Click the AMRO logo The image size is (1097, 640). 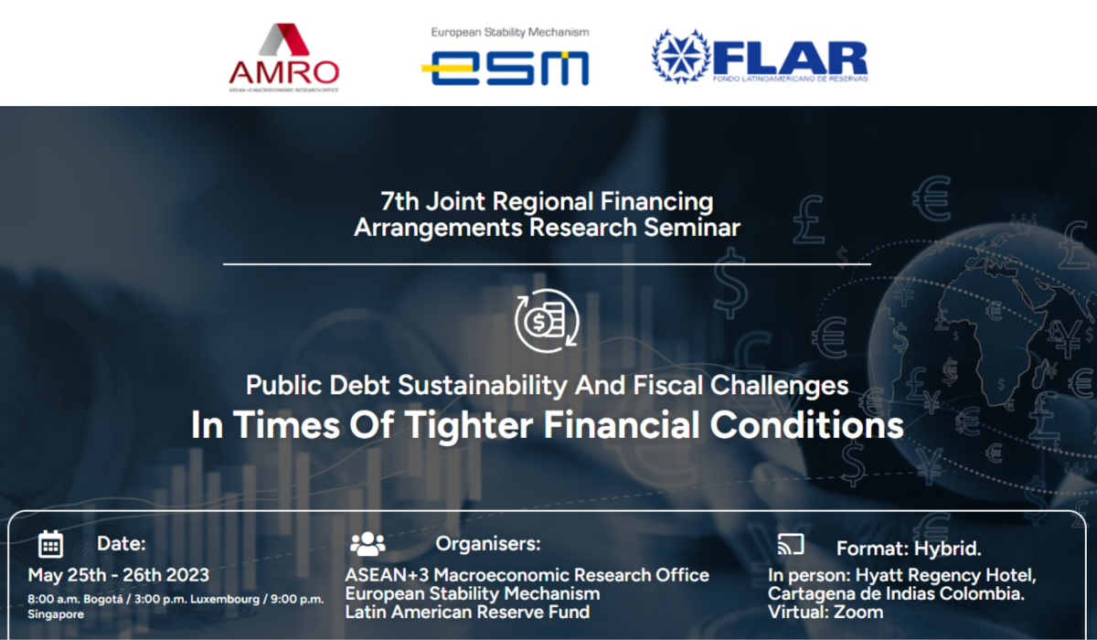click(284, 58)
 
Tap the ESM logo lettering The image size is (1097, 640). click(505, 68)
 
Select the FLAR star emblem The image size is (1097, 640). click(681, 57)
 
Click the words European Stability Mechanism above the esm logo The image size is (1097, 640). click(510, 33)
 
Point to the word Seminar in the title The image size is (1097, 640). click(692, 228)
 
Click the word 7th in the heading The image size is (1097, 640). click(399, 201)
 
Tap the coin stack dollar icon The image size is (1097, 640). click(547, 321)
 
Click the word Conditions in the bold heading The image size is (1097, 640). click(807, 424)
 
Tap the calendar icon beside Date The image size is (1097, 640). click(50, 544)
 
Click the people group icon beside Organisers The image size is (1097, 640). click(367, 543)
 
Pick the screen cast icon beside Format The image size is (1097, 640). click(791, 544)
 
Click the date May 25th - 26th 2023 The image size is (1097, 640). click(119, 575)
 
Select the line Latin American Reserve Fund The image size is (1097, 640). click(467, 612)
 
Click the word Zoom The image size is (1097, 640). click(858, 612)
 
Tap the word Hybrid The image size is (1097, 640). click(948, 549)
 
